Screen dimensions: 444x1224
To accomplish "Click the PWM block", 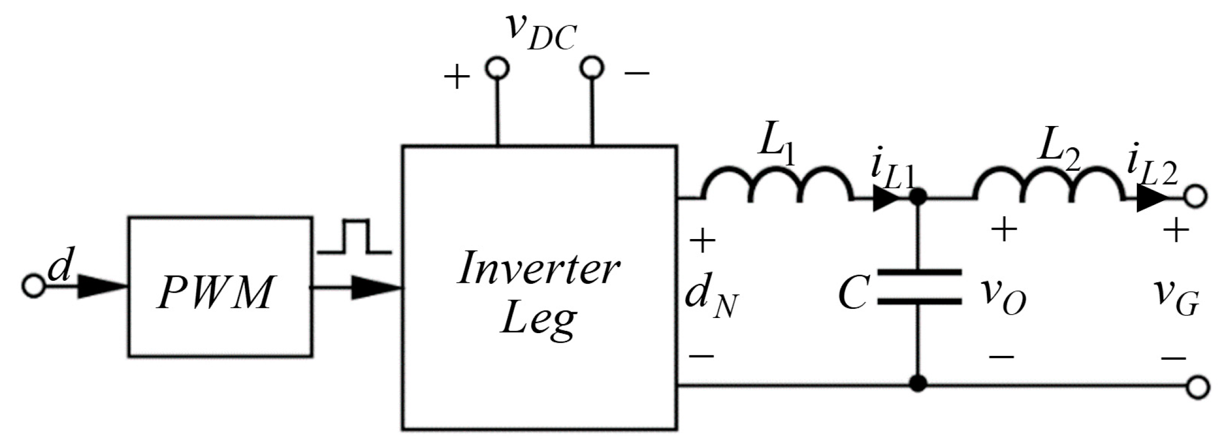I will coord(220,287).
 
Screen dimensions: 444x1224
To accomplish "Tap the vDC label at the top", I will coord(540,32).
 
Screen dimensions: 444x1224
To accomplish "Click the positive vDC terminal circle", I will coord(497,68).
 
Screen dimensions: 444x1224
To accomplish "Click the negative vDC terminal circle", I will coord(592,68).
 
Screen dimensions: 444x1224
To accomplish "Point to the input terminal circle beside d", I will coord(34,286).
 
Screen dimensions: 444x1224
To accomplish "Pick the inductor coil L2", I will coord(1049,187).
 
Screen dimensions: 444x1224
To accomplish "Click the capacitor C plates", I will coord(919,287).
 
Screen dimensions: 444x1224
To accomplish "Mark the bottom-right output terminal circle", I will coord(1198,387).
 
